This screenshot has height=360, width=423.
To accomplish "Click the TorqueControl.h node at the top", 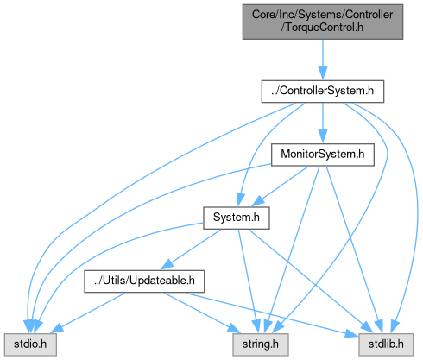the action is [x=323, y=22].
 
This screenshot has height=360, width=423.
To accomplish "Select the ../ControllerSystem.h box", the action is [x=323, y=92].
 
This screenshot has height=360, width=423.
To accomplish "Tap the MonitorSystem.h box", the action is [x=323, y=155].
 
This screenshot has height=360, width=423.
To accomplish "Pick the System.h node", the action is [x=237, y=218].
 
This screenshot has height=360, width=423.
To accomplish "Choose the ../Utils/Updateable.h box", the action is [x=144, y=281].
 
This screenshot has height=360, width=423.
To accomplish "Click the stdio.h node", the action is [x=30, y=344].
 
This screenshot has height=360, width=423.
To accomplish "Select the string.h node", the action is [x=261, y=344].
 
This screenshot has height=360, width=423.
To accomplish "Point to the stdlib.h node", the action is [x=386, y=344].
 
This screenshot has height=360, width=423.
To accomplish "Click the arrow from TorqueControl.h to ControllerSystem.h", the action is [x=323, y=60].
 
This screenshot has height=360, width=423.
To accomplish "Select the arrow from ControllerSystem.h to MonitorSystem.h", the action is [x=323, y=123].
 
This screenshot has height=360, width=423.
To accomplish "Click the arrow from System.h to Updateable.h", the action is [x=191, y=249].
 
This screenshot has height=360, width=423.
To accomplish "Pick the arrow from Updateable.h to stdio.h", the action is [x=88, y=313].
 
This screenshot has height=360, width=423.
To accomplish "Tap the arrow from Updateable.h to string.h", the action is [x=202, y=313].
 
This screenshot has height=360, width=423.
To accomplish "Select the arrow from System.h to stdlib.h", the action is [x=311, y=281].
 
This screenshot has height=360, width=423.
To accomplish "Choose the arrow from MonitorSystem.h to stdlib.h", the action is [x=354, y=249].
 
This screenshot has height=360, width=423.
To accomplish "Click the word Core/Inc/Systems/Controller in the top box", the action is [x=323, y=15].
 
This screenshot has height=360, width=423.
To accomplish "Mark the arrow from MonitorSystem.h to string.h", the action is [x=293, y=249].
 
